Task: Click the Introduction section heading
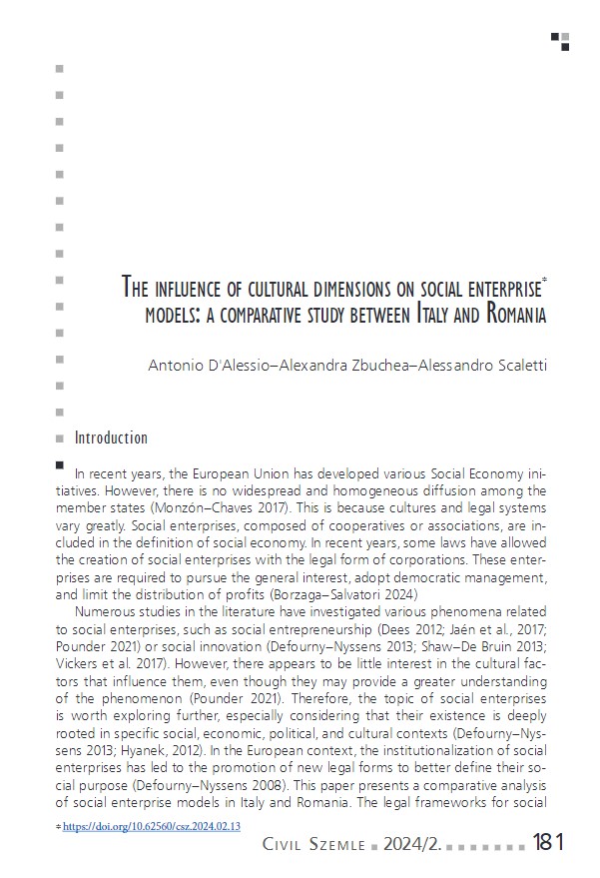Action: (x=111, y=438)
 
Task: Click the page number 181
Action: (x=547, y=842)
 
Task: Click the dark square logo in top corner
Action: (x=561, y=40)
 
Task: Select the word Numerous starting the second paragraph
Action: (x=107, y=611)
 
